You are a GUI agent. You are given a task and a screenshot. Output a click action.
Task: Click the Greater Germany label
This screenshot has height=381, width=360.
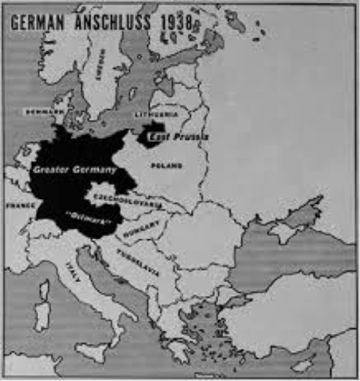[75, 169]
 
